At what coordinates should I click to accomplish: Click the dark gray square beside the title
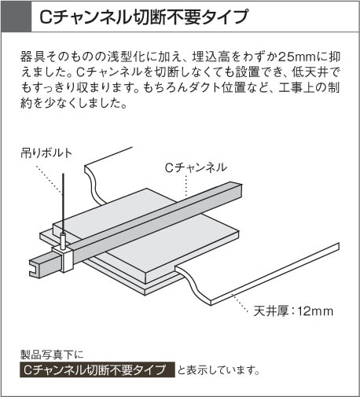pyautogui.click(x=17, y=17)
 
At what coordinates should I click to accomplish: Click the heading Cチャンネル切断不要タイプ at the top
pyautogui.click(x=144, y=17)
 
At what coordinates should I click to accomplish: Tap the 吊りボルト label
pyautogui.click(x=46, y=153)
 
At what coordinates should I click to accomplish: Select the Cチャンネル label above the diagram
pyautogui.click(x=196, y=167)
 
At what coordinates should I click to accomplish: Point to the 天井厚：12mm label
pyautogui.click(x=293, y=311)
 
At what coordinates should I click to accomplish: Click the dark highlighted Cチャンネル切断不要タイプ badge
pyautogui.click(x=97, y=369)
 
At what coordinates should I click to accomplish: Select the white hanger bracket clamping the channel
pyautogui.click(x=64, y=259)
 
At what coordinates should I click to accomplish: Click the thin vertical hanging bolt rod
pyautogui.click(x=63, y=204)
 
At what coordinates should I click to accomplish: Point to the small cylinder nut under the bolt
pyautogui.click(x=63, y=241)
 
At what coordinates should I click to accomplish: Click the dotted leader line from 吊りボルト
pyautogui.click(x=49, y=180)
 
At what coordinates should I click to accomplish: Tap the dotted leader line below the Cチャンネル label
pyautogui.click(x=186, y=186)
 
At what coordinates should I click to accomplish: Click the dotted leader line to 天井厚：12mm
pyautogui.click(x=240, y=303)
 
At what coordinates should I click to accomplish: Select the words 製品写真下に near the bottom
pyautogui.click(x=52, y=355)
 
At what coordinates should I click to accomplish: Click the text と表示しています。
pyautogui.click(x=219, y=370)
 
